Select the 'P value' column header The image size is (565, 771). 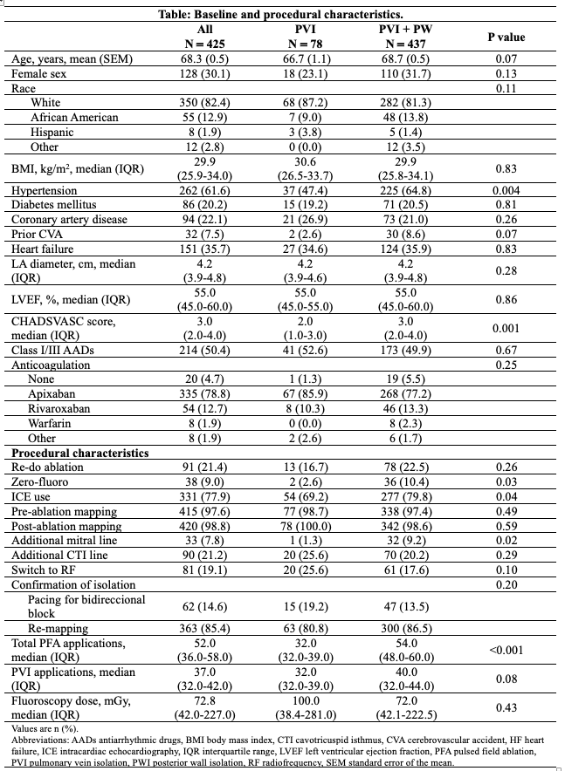[x=506, y=37]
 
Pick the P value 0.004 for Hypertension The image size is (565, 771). [x=506, y=191]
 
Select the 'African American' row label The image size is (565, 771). [x=73, y=118]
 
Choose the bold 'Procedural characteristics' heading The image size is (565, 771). [x=79, y=454]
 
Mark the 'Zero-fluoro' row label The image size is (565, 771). [x=41, y=483]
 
